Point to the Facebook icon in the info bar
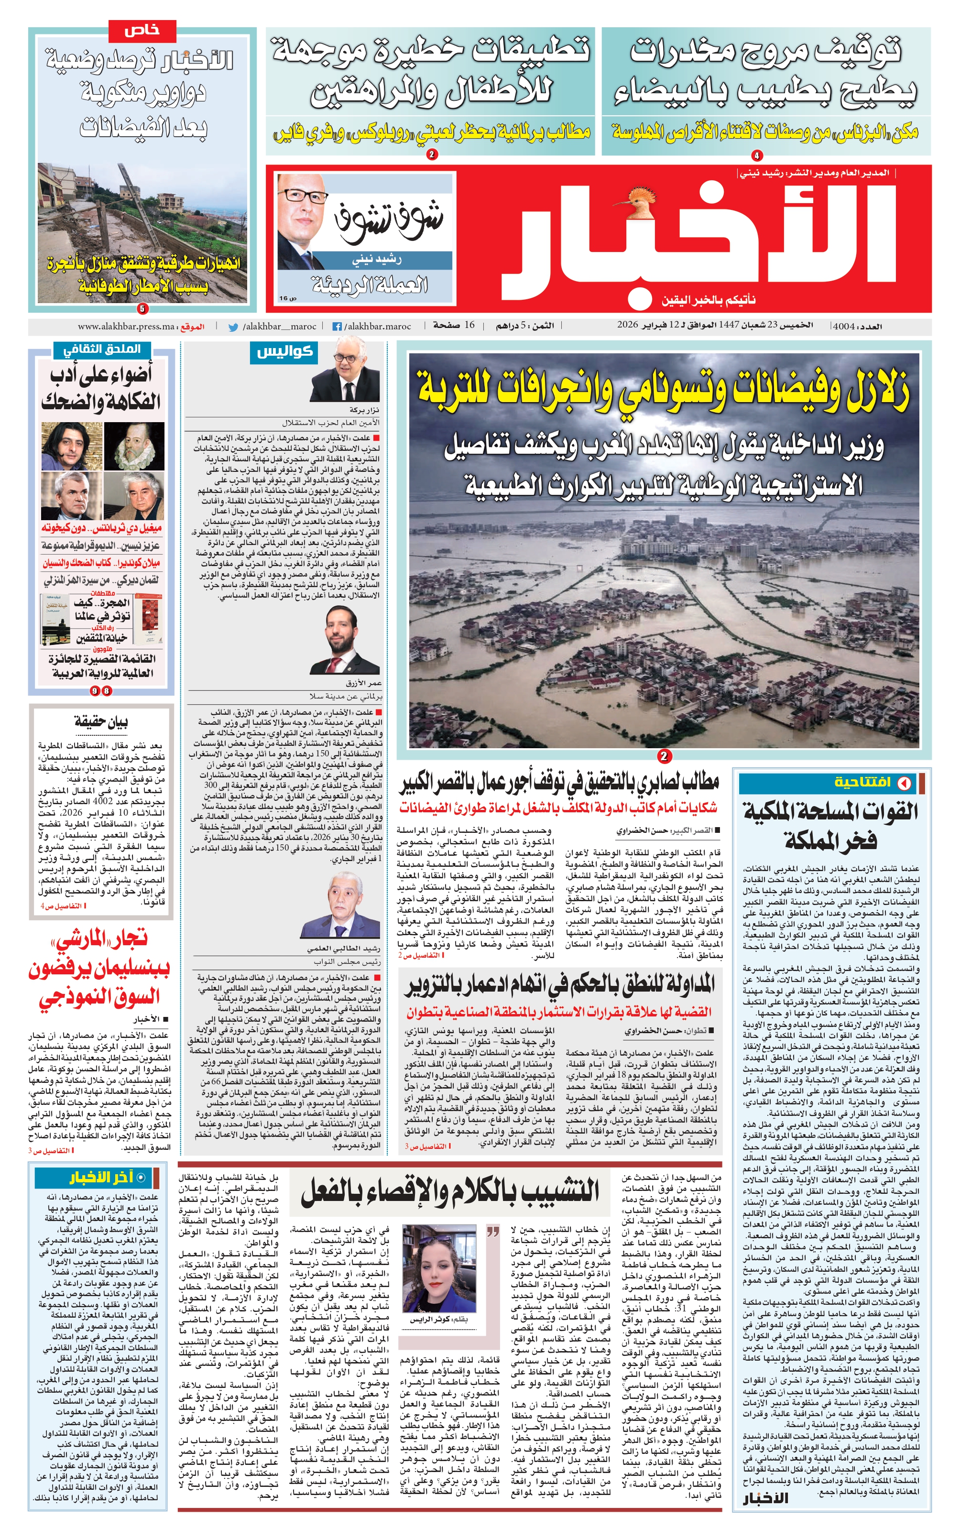337,327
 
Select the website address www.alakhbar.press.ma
126,327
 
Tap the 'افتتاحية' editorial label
862,782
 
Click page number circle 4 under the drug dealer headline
757,155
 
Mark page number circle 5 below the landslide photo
142,308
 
